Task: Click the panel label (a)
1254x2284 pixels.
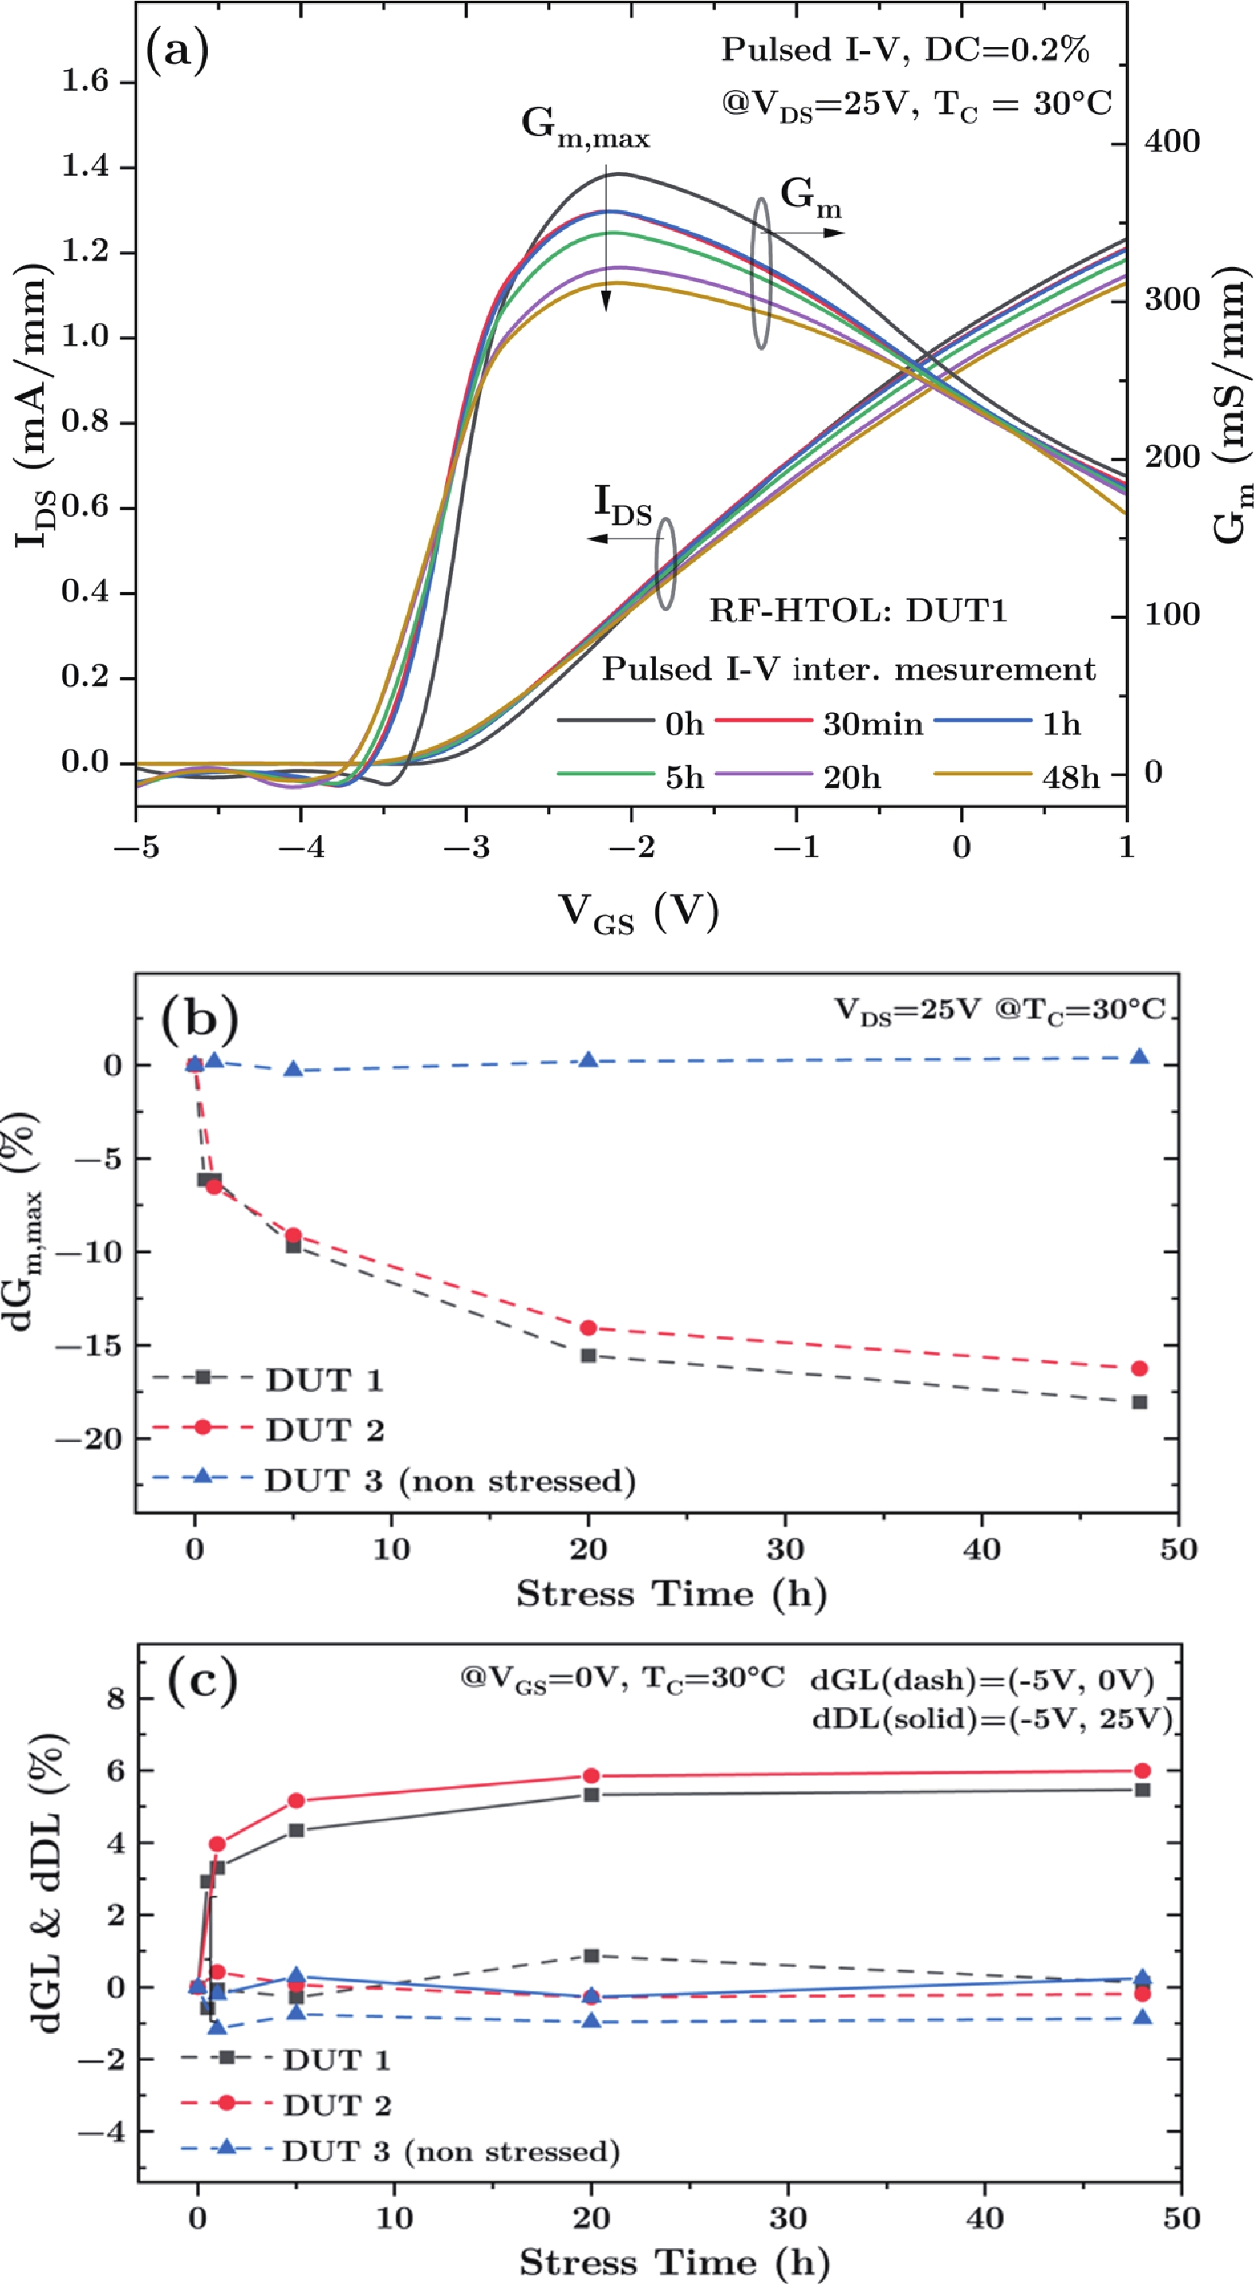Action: pos(178,50)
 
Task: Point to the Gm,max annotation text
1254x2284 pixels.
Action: pos(585,127)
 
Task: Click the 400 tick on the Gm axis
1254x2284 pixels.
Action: pos(1171,141)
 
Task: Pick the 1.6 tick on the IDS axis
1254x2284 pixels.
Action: pos(84,81)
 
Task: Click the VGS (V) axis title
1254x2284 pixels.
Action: pos(638,911)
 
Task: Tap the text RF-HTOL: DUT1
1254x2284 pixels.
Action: pos(857,611)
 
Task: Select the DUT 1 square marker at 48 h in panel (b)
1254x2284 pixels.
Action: pos(1139,1402)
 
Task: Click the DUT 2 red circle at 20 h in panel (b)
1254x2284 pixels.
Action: pos(588,1327)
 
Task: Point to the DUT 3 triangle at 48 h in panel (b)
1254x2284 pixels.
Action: pos(1139,1056)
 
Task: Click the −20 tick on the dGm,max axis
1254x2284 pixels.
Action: pos(88,1438)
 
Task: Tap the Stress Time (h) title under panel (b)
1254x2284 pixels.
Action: pos(671,1593)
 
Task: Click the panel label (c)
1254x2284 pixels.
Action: pos(203,1680)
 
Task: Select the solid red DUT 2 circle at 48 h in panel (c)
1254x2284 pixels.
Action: pos(1143,1771)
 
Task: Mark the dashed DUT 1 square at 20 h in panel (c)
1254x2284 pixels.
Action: pos(591,1956)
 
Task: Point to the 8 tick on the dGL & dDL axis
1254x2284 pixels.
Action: pos(115,1698)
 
